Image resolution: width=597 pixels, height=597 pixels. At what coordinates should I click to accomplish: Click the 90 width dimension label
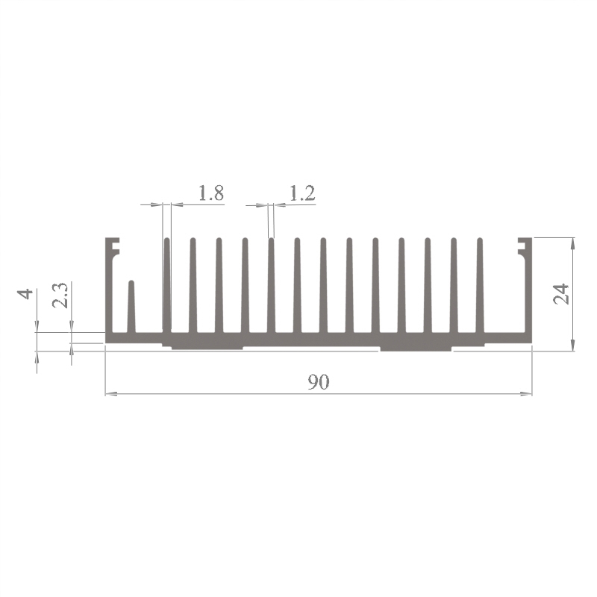click(x=319, y=382)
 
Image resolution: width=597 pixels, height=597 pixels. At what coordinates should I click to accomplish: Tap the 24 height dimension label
click(x=561, y=294)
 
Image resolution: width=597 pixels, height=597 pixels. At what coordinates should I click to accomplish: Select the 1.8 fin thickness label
click(x=211, y=193)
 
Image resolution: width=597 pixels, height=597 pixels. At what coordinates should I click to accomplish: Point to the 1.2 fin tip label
click(x=302, y=193)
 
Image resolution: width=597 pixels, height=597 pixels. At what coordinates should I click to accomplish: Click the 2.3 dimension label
click(x=60, y=295)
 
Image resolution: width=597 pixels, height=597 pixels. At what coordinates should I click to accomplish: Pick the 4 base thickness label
click(x=26, y=294)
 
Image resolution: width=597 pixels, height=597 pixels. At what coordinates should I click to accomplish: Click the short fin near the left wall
click(x=131, y=307)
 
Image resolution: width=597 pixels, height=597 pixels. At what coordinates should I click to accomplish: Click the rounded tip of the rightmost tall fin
click(x=480, y=240)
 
